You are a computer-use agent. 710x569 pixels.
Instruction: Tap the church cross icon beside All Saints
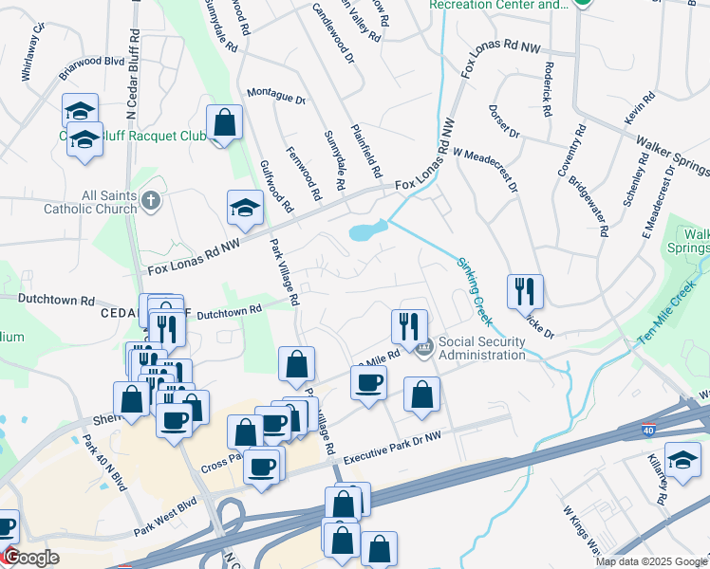(151, 200)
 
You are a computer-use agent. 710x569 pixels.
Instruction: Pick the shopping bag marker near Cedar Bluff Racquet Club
(223, 123)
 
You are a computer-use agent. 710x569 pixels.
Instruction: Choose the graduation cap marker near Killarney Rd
(682, 460)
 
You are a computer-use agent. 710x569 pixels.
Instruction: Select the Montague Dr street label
(276, 96)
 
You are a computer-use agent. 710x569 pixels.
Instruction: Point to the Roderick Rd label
(548, 89)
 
